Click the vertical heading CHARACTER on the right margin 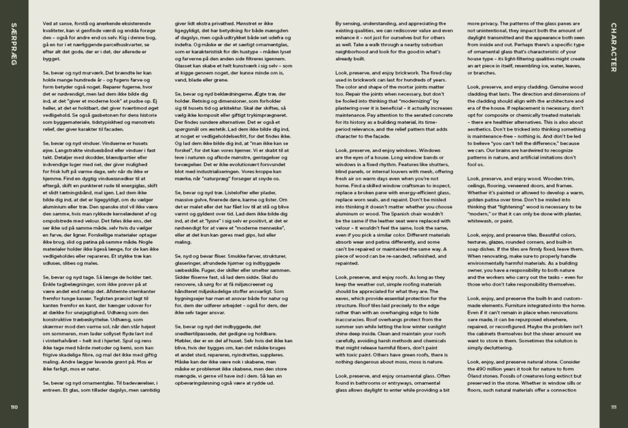pyautogui.click(x=613, y=47)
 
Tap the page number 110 pyautogui.click(x=14, y=406)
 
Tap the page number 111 pyautogui.click(x=613, y=406)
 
